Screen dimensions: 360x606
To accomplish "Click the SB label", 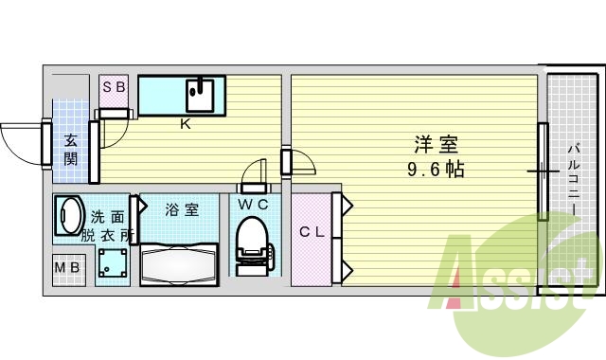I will click(115, 87).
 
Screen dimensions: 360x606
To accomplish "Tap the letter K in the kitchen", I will click(185, 122).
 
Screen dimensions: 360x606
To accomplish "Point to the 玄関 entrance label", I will click(70, 149).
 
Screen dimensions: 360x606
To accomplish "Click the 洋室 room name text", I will click(436, 146).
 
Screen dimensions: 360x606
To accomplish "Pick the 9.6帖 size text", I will click(436, 171).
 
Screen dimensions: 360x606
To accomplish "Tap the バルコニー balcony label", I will click(574, 174).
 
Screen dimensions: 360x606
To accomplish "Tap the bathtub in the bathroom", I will click(179, 263).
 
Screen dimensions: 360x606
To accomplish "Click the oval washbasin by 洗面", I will click(69, 214).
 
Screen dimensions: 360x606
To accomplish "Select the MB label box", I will click(66, 269).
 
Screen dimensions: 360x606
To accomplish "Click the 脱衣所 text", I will click(107, 233).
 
